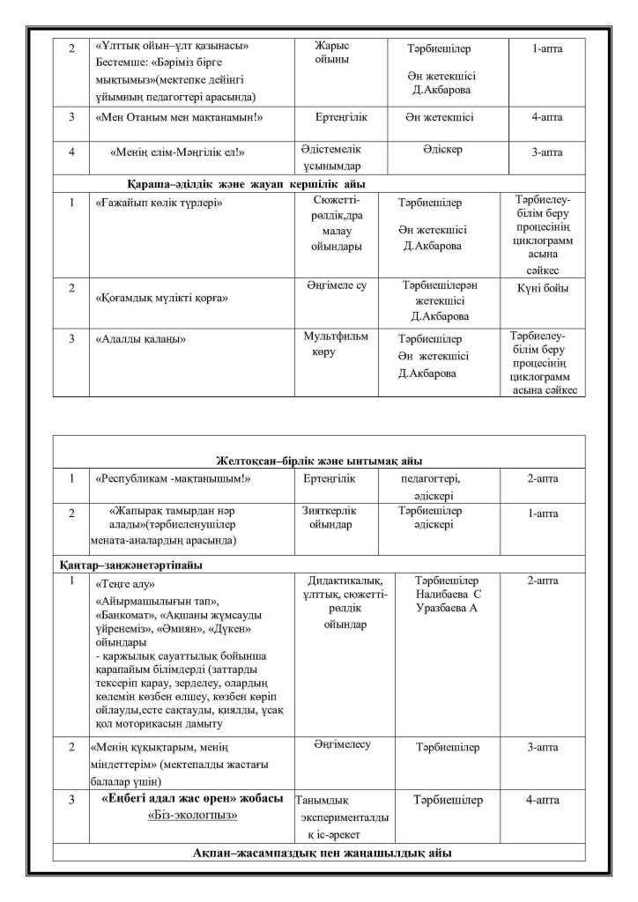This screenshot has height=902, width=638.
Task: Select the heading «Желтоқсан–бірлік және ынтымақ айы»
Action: [318, 461]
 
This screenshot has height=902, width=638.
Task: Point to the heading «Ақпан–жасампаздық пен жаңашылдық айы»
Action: [318, 853]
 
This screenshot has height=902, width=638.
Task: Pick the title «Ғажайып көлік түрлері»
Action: [158, 203]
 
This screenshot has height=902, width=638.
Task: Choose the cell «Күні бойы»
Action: [543, 288]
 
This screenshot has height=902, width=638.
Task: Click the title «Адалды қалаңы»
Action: [139, 337]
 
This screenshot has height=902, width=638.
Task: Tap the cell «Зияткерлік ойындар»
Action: [331, 517]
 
